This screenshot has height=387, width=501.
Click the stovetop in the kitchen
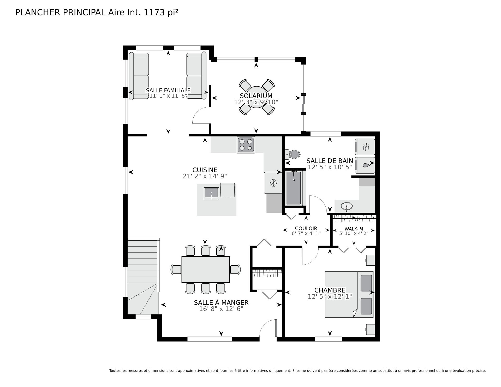246,145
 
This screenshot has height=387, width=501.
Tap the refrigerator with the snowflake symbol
273,183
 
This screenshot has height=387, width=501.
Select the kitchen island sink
212,193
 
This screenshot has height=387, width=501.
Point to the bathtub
294,188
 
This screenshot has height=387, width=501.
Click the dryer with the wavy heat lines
365,147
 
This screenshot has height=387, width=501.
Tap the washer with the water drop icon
365,165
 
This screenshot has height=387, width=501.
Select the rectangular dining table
206,270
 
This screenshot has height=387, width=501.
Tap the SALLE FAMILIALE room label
168,90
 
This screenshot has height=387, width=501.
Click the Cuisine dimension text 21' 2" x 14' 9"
205,176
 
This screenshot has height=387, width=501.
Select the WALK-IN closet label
354,229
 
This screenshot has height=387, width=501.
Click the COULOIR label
306,228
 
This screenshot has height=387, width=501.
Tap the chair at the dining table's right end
235,270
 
